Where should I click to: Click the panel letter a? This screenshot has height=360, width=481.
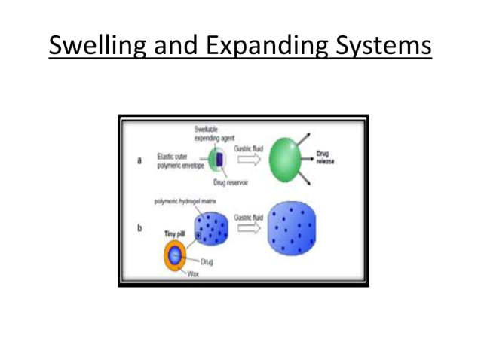tap(137, 160)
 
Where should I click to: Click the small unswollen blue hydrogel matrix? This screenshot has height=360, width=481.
tap(211, 227)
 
